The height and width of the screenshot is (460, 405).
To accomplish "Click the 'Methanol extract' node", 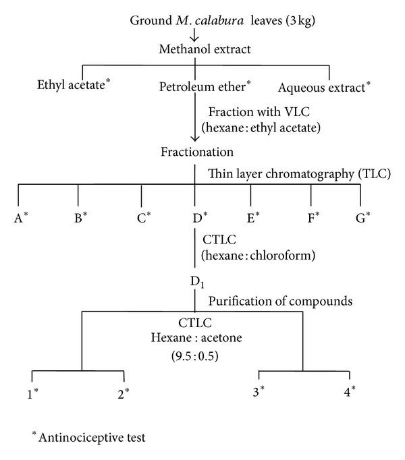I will [195, 49].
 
